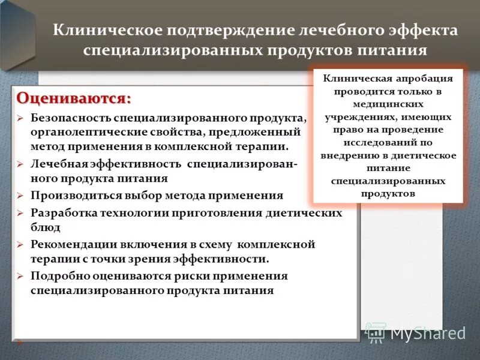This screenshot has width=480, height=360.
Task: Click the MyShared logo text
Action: (x=428, y=333)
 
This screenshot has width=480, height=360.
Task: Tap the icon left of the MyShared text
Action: (x=376, y=333)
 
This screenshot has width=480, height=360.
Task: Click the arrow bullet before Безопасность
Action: (x=20, y=118)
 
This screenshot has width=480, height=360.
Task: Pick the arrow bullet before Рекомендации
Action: (x=20, y=244)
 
